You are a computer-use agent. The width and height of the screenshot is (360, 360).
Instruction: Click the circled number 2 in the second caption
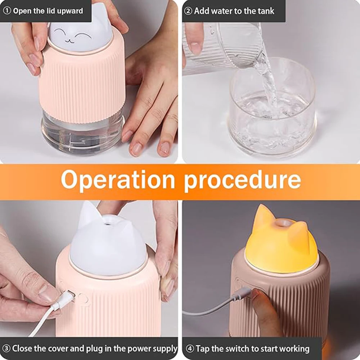click(188, 10)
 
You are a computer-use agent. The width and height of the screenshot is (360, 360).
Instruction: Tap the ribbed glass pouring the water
click(223, 47)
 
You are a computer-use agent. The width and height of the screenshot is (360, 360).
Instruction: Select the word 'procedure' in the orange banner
click(242, 180)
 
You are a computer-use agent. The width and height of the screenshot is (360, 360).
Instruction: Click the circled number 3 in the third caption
click(6, 348)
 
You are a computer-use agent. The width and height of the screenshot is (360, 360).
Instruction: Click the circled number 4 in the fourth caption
click(190, 348)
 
